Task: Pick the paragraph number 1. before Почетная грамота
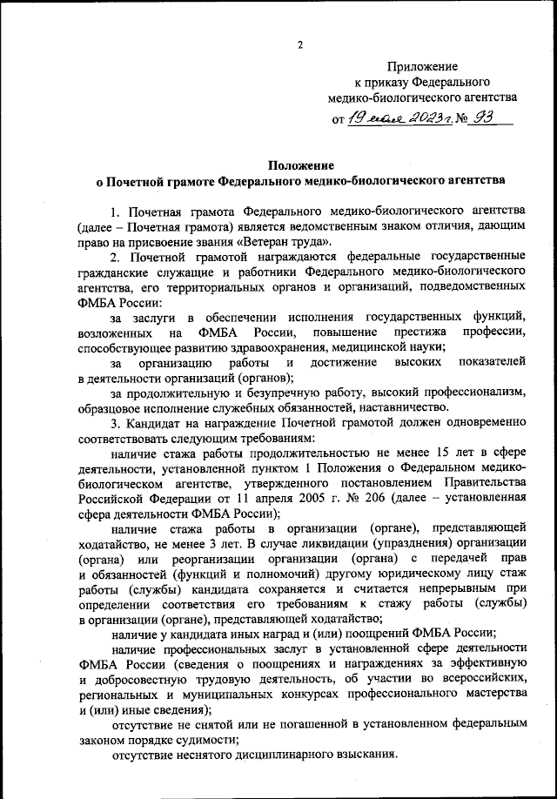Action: coord(115,211)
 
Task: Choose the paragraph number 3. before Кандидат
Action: coord(115,422)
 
